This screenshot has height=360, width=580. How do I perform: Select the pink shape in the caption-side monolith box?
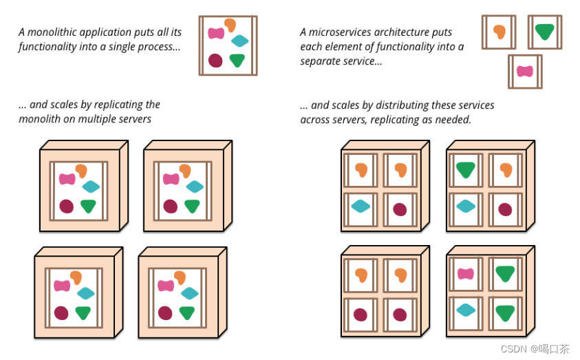(x=216, y=33)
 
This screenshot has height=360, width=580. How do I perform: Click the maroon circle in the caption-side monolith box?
(x=215, y=60)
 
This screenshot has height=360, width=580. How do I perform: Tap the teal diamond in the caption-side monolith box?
(x=239, y=41)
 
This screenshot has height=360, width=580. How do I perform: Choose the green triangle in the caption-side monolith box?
(x=237, y=60)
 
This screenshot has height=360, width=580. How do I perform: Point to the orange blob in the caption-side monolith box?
(x=230, y=25)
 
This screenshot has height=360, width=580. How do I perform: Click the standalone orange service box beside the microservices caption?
(x=498, y=32)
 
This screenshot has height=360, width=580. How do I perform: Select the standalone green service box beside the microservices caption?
(x=544, y=32)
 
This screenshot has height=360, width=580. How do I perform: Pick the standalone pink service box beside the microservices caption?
(x=525, y=72)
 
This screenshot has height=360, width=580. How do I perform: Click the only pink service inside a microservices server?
(x=466, y=274)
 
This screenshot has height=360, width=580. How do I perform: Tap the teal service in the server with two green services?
(x=466, y=310)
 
